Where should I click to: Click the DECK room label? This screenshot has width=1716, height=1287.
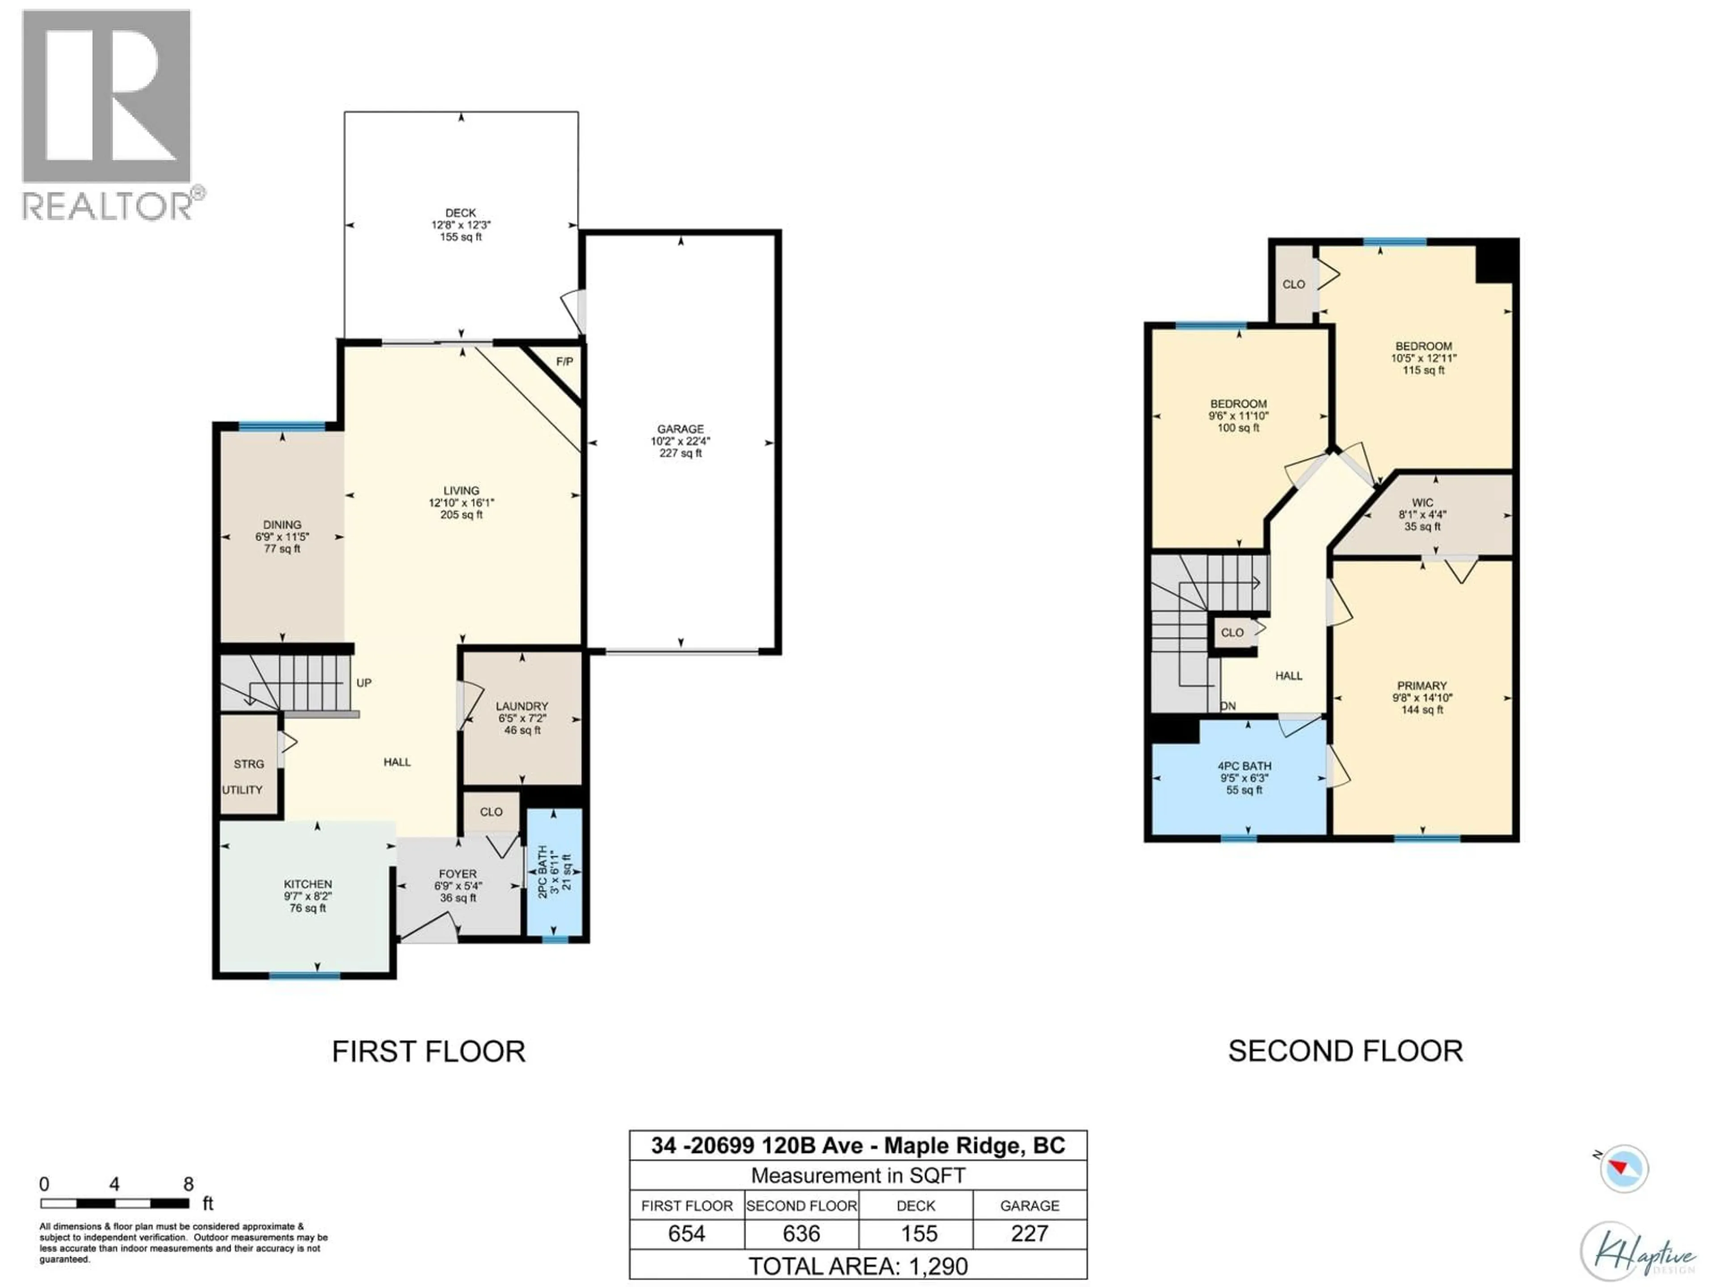(461, 213)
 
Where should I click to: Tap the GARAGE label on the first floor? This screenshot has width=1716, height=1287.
(680, 429)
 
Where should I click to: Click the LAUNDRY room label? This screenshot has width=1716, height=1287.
(522, 706)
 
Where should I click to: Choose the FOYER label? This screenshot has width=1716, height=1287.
(458, 874)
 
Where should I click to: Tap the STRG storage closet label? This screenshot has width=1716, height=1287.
(249, 764)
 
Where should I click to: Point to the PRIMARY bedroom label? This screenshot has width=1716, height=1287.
(1422, 686)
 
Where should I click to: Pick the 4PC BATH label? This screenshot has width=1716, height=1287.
(1245, 765)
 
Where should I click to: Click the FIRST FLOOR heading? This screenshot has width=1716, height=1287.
(429, 1051)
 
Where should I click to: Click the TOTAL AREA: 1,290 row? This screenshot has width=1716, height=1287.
(858, 1266)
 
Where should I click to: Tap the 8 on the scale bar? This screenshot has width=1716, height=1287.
(189, 1184)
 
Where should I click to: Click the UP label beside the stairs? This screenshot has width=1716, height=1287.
(364, 683)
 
